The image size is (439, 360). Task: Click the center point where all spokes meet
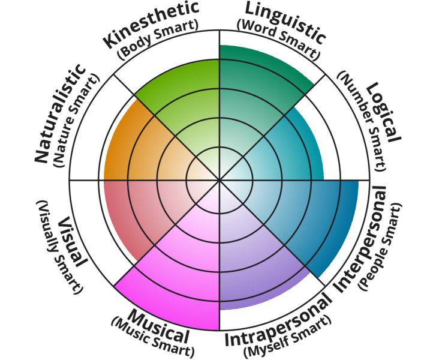click(220, 179)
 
